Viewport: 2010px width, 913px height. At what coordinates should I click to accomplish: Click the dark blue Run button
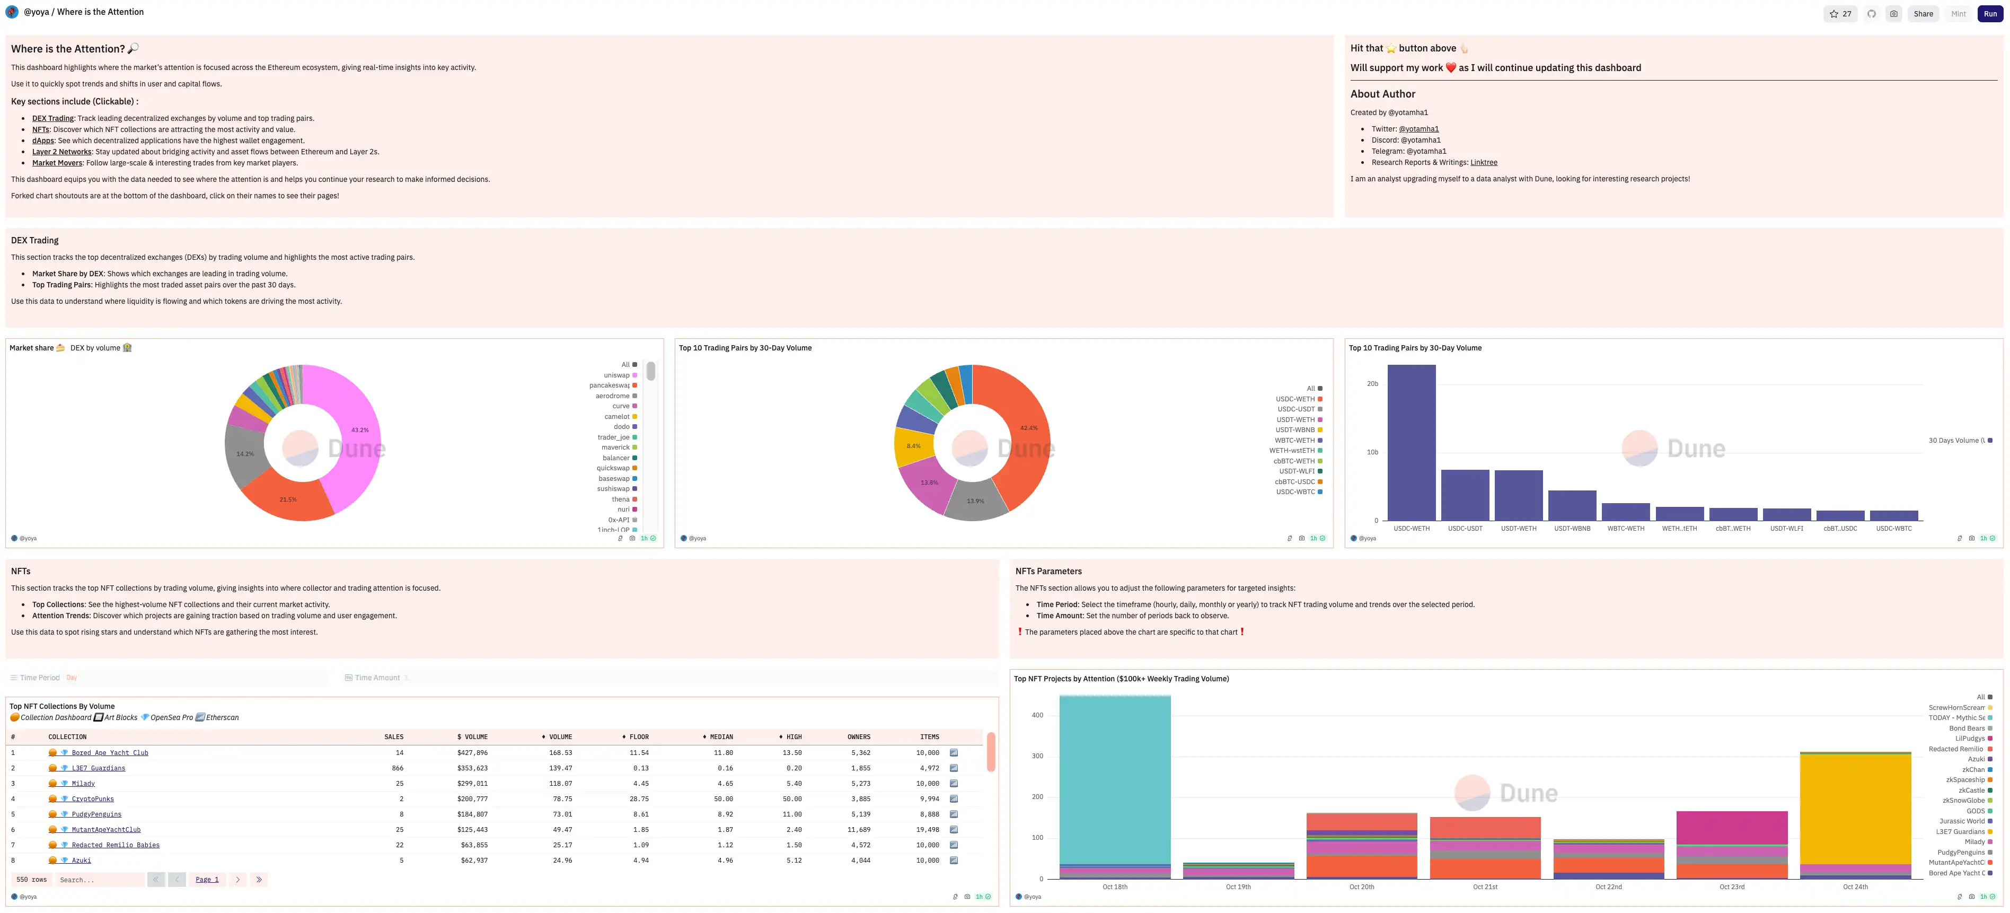tap(1990, 14)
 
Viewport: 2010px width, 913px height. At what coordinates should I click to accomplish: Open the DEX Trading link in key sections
tap(52, 119)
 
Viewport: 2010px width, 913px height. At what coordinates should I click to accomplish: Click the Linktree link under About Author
tap(1483, 162)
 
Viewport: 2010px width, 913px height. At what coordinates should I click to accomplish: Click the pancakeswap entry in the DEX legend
tap(610, 385)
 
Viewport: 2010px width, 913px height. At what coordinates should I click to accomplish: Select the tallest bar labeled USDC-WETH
tap(1410, 443)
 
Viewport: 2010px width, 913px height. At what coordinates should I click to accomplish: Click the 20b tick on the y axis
tap(1372, 384)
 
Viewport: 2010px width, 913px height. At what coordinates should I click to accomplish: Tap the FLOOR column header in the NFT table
tap(638, 736)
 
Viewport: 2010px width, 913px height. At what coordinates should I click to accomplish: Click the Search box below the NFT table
tap(100, 880)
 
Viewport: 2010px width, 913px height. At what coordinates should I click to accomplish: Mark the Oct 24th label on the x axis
tap(1855, 886)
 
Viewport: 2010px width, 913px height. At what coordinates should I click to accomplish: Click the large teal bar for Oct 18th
tap(1114, 780)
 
